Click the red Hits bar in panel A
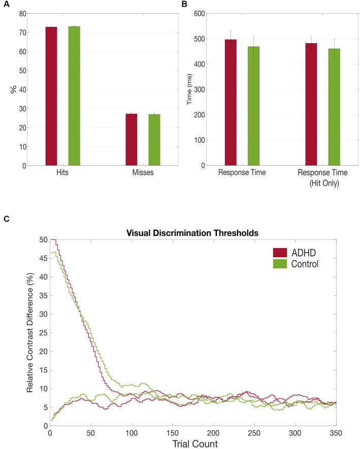51,96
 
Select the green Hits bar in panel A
74,96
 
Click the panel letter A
6,4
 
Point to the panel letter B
184,4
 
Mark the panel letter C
6,219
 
